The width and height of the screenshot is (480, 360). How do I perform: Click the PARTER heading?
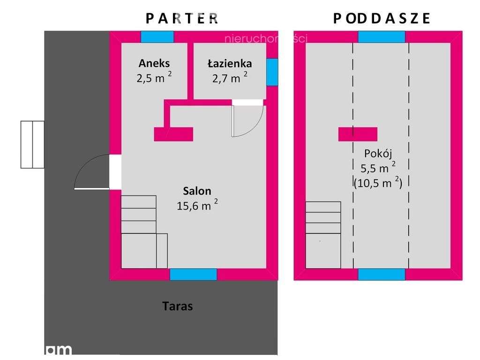click(181, 18)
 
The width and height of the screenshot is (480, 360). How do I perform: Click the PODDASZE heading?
click(382, 18)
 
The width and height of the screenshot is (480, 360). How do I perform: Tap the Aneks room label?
click(154, 63)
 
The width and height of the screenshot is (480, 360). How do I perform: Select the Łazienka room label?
click(230, 63)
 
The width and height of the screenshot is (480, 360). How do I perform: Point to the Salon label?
click(197, 191)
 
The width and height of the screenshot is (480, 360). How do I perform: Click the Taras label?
click(178, 307)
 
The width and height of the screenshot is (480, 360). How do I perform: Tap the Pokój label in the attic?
click(377, 153)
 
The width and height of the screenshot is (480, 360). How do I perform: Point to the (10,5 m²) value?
click(378, 183)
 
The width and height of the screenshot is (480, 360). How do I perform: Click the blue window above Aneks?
click(157, 37)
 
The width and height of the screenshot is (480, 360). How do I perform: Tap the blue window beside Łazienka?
click(272, 72)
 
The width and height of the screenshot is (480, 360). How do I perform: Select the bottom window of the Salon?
click(193, 274)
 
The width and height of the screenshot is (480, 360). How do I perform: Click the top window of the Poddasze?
click(382, 37)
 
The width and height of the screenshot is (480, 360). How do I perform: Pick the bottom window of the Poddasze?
click(382, 274)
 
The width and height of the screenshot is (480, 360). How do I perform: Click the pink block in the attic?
click(358, 134)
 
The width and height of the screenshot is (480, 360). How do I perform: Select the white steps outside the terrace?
click(32, 144)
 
